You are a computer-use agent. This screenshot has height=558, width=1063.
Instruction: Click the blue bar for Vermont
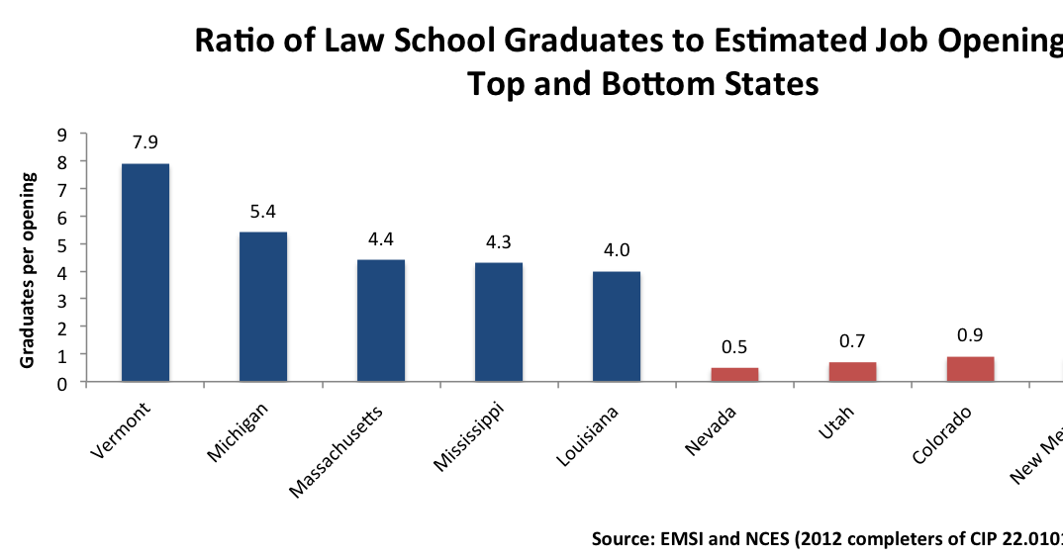coord(145,272)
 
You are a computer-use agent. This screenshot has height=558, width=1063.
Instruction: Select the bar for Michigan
coord(263,307)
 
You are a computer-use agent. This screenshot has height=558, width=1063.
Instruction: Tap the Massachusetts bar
coord(381,320)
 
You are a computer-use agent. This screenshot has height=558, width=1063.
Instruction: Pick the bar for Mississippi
coord(499,322)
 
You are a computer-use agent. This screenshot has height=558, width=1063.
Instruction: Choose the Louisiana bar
coord(617,325)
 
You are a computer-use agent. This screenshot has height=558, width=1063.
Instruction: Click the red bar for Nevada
coord(734,374)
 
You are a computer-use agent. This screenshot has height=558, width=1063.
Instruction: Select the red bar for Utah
coord(852,371)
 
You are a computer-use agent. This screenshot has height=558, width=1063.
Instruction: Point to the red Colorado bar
coord(970,368)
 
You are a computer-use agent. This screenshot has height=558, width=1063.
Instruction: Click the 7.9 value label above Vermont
coord(145,141)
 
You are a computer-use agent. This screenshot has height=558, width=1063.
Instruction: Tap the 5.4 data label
coord(263,211)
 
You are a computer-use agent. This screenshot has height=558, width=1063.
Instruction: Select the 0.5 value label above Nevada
coord(734,346)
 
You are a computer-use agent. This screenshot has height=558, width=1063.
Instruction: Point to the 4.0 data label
coord(617,249)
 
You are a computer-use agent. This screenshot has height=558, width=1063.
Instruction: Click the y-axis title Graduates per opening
coord(29,270)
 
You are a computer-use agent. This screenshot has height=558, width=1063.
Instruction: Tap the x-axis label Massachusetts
coord(336,450)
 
